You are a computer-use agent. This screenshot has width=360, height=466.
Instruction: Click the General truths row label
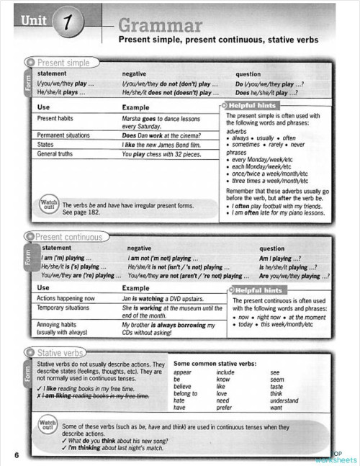click(x=55, y=153)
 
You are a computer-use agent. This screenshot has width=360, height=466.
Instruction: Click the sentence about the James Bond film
click(x=165, y=145)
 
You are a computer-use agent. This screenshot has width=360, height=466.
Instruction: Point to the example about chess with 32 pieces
click(x=162, y=154)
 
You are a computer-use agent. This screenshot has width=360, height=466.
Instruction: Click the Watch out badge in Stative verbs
click(x=48, y=426)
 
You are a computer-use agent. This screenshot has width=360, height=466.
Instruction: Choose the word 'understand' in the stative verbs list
click(x=285, y=400)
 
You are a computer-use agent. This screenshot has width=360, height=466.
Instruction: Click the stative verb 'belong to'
click(x=186, y=393)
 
